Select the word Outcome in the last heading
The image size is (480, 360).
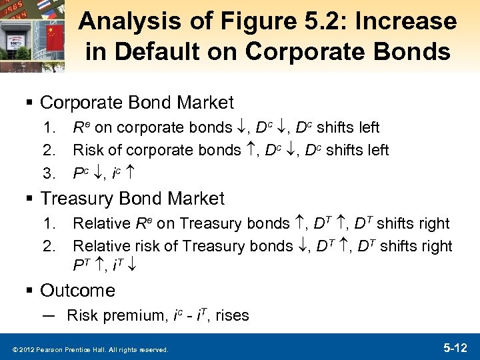click(x=77, y=291)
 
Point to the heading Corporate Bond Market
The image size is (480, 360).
click(x=137, y=103)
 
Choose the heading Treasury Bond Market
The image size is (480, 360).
click(x=132, y=199)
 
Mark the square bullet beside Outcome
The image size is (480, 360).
click(x=31, y=291)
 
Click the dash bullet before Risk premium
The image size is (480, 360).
click(x=49, y=315)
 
